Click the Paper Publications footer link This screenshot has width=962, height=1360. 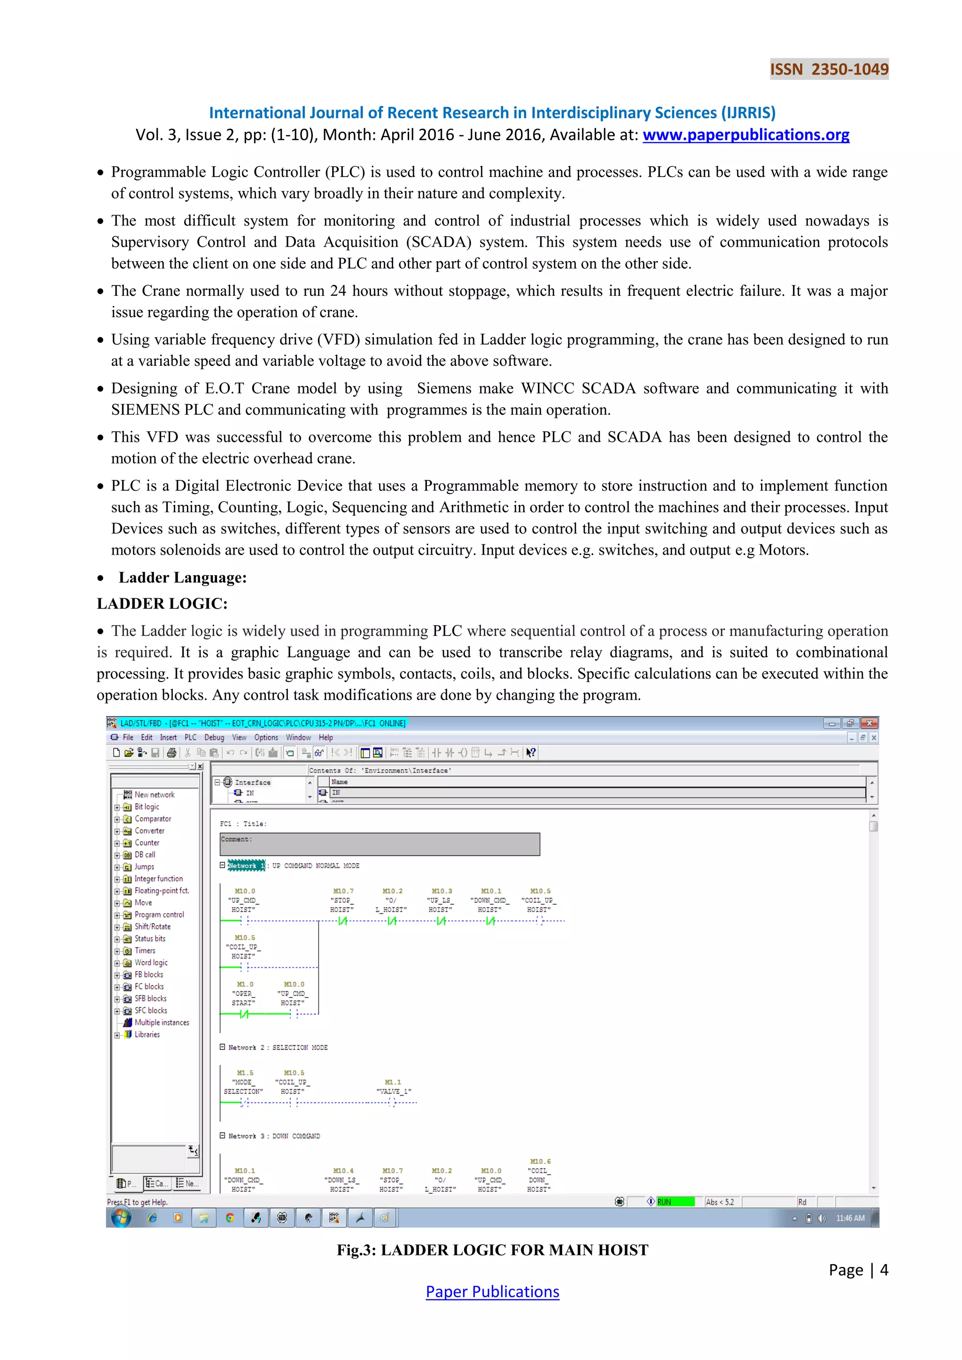tap(492, 1291)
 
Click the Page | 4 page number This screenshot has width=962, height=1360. tap(858, 1270)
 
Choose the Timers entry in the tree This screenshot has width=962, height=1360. tap(145, 950)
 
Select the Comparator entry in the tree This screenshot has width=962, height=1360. tap(152, 819)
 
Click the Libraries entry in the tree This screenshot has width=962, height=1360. tap(147, 1035)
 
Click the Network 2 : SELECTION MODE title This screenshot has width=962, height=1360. tap(278, 1047)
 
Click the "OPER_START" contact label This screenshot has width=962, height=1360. tap(243, 998)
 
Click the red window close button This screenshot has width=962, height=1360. tap(869, 723)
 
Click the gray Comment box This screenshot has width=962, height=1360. tap(380, 844)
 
